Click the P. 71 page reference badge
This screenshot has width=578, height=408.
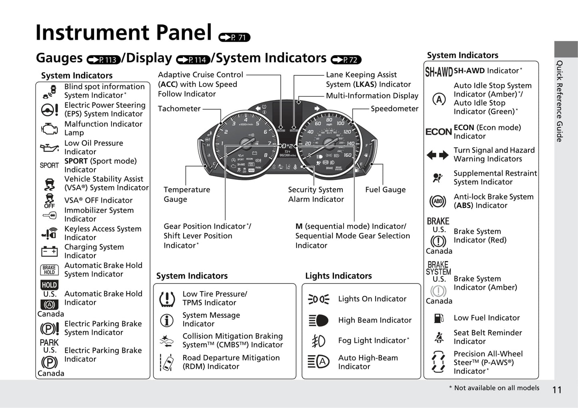234,37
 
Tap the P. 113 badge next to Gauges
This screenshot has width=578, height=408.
104,60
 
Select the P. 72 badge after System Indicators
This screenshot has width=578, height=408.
346,60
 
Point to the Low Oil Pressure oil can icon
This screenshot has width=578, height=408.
49,148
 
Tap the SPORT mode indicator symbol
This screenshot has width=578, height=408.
49,165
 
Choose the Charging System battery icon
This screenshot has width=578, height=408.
49,251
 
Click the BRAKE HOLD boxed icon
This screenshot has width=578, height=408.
49,270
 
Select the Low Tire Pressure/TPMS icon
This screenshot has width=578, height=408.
167,299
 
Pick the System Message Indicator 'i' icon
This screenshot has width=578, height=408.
167,320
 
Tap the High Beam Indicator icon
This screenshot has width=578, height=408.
318,320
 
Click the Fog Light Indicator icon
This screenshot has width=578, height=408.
318,341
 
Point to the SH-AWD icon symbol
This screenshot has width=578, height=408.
438,72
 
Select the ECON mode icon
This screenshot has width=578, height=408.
438,132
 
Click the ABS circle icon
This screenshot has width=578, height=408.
438,201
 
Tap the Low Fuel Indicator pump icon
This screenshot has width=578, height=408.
439,318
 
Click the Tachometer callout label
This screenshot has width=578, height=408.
179,109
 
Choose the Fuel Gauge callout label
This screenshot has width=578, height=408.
385,190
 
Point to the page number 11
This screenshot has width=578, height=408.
557,390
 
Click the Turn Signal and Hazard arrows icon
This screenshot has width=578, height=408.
438,155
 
